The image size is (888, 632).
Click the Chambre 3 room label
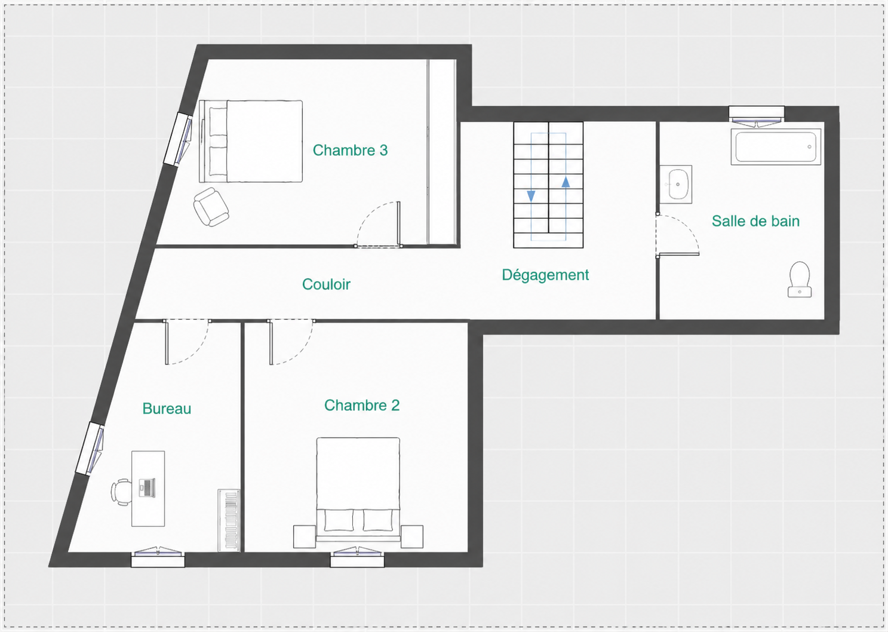tap(350, 151)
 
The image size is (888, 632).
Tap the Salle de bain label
tap(755, 221)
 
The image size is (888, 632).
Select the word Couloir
tap(326, 284)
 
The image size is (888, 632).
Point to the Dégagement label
tap(545, 275)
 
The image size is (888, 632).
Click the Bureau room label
tap(167, 409)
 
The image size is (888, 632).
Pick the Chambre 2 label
tap(362, 405)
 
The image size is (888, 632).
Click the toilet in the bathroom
tap(799, 280)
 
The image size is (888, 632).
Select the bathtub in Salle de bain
tap(776, 146)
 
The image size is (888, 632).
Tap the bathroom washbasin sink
tap(677, 185)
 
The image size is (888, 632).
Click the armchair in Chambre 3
tap(211, 207)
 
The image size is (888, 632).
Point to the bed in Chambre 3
tap(251, 141)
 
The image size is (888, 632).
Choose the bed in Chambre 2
tap(358, 490)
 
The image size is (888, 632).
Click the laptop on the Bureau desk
tap(147, 487)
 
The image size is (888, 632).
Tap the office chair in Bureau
tap(121, 492)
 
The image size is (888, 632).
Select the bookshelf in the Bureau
tap(229, 520)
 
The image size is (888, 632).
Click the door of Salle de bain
tap(677, 235)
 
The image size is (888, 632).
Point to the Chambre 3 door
tap(378, 225)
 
